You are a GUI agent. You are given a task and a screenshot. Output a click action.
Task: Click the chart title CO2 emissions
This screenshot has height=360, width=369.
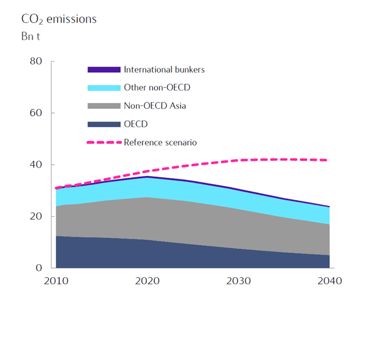59,20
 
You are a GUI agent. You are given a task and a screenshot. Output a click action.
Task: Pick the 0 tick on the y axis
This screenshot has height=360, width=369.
38,268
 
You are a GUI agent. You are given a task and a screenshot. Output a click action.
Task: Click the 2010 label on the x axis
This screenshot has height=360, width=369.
56,281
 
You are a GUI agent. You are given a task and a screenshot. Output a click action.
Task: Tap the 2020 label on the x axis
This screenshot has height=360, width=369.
147,281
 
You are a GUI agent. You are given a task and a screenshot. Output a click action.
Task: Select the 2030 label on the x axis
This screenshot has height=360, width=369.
238,281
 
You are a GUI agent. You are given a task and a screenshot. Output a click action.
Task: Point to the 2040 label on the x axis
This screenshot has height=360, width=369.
329,281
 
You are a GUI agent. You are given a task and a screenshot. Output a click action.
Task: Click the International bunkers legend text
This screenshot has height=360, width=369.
164,69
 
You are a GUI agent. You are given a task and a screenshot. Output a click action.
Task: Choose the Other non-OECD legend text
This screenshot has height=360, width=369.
157,88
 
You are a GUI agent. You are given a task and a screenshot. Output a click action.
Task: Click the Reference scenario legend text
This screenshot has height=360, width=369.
160,142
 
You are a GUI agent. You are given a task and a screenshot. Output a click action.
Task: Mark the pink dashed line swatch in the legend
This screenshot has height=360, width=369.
104,142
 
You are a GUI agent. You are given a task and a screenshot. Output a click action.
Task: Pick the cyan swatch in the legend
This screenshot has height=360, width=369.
104,88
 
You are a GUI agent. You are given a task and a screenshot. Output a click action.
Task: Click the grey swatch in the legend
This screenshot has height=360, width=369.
104,106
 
